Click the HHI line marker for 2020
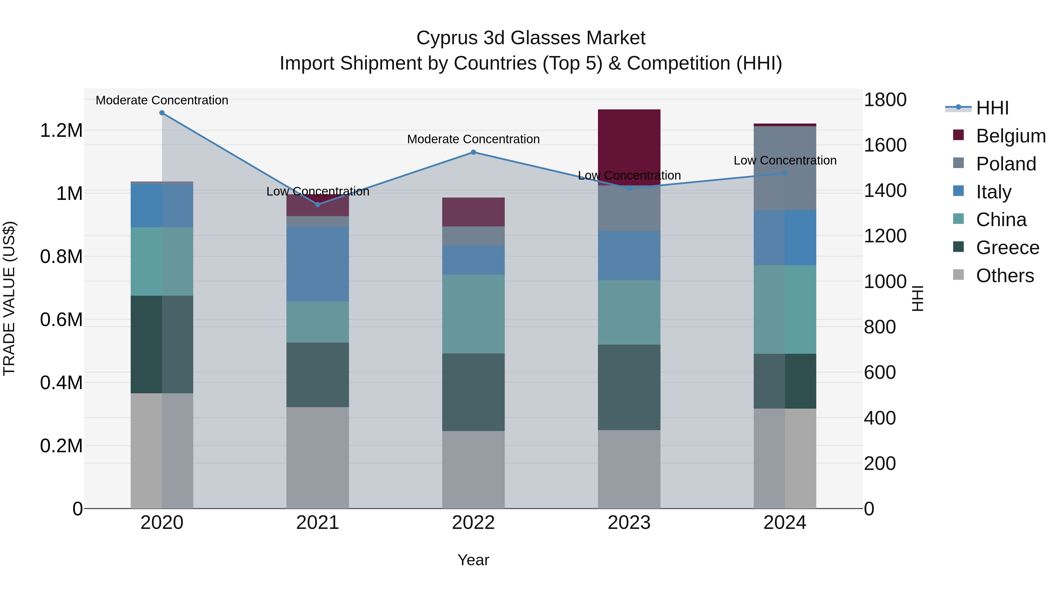coord(162,113)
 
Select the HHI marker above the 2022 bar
coord(473,152)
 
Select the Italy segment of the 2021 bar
coord(317,264)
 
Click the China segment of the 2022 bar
coord(473,314)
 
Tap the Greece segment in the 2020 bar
coord(162,344)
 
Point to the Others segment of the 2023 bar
coord(629,469)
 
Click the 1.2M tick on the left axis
coord(61,131)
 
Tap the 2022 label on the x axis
coord(473,523)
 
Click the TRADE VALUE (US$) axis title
coord(9,298)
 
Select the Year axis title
coord(473,560)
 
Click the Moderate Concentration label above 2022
coord(473,139)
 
